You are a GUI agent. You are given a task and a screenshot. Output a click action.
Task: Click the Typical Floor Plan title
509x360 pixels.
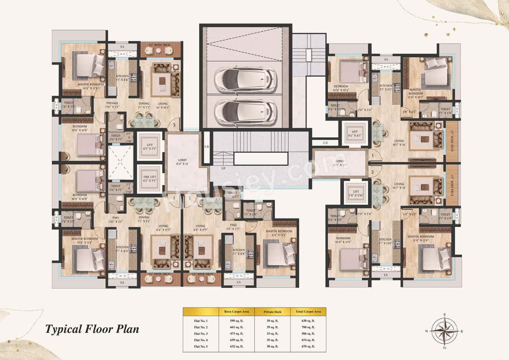point(92,329)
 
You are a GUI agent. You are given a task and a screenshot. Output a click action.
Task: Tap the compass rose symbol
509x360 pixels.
point(445,330)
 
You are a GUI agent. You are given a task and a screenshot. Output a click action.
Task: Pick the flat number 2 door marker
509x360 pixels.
point(373,172)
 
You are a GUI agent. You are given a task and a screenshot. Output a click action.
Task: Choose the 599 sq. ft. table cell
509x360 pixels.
point(237,320)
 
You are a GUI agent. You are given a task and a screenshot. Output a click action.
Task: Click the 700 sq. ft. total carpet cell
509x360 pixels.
point(308,327)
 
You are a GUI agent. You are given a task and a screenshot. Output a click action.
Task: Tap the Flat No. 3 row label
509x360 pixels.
point(201,334)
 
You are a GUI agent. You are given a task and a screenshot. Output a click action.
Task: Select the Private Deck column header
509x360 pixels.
point(272,311)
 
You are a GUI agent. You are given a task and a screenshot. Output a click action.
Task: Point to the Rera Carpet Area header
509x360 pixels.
point(237,311)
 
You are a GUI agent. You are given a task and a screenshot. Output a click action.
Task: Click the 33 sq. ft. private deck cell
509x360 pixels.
point(272,334)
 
